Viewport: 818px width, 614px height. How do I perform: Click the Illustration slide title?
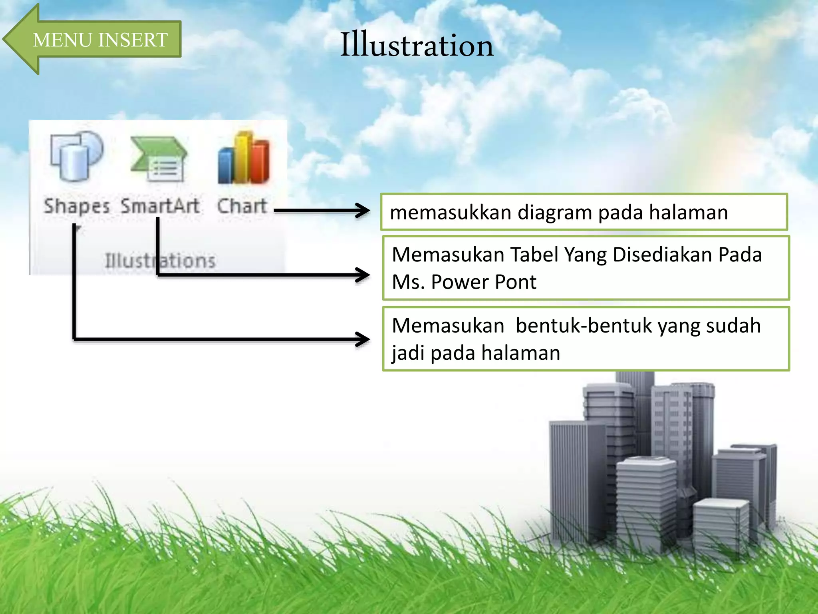[417, 45]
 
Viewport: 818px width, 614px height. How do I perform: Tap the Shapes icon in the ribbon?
[76, 156]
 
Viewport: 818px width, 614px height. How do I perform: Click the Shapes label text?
[77, 207]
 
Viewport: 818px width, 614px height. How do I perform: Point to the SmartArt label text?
[160, 206]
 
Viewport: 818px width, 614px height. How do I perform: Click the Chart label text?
[242, 206]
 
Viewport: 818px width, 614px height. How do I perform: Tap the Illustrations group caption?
[160, 261]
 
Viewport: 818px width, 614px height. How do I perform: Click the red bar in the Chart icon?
[262, 162]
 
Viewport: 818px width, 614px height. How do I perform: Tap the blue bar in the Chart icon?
[226, 166]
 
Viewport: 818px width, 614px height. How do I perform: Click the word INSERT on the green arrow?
[133, 40]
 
